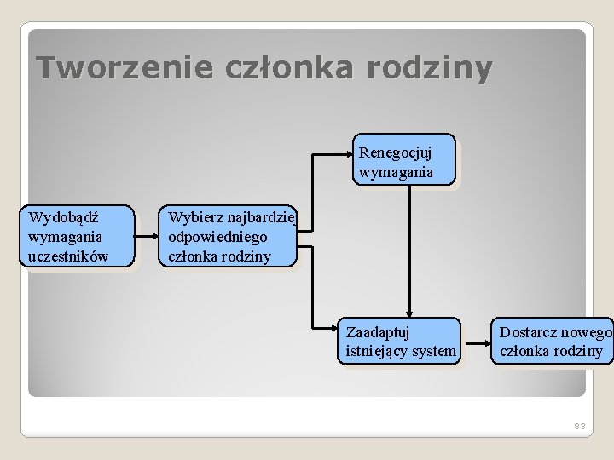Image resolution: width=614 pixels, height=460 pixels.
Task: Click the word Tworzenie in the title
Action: click(125, 67)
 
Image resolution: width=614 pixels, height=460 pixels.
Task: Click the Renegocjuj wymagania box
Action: click(404, 160)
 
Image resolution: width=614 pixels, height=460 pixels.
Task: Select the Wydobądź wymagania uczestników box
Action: click(78, 236)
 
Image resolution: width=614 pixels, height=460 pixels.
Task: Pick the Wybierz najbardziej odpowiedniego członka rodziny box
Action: click(228, 236)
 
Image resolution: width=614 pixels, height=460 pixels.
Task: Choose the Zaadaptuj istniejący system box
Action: click(399, 341)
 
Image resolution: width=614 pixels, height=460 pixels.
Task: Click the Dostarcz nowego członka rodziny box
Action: click(552, 341)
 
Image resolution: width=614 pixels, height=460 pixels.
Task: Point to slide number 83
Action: click(580, 425)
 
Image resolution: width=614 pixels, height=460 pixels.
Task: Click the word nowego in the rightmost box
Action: click(586, 332)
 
